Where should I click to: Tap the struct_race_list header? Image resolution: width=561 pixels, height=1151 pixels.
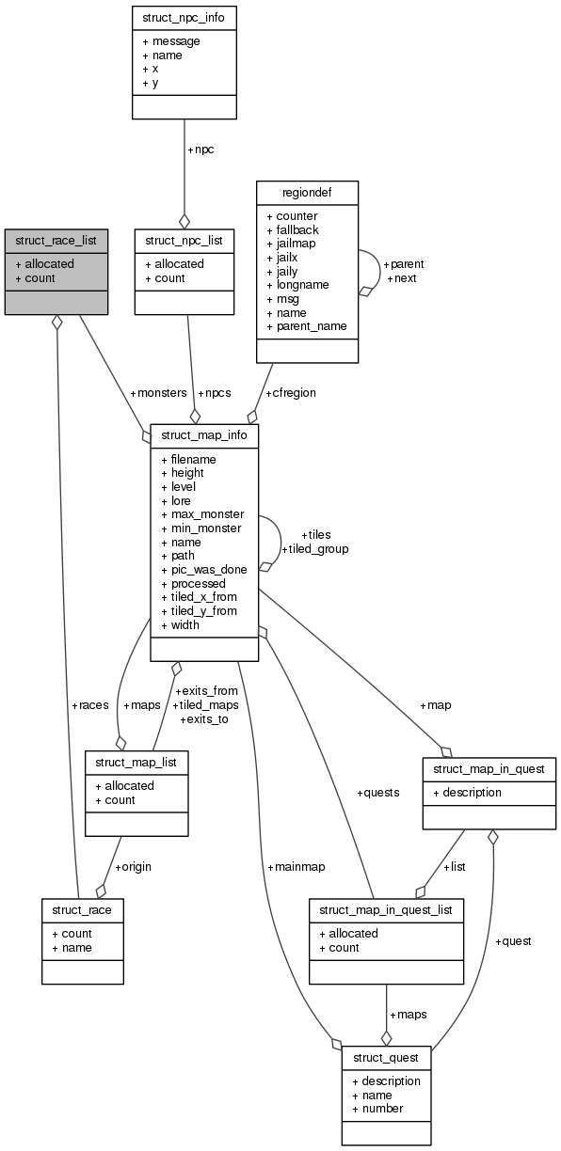[56, 241]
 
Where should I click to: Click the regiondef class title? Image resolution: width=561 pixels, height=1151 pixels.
[307, 193]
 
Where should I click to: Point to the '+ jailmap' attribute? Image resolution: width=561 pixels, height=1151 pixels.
[291, 244]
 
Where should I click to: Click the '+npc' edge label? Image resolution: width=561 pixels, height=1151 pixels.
[200, 150]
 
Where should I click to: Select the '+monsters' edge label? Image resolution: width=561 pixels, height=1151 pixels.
[159, 393]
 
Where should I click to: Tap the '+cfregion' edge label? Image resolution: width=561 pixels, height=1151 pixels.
[290, 393]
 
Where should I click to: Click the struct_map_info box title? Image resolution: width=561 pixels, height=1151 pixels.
[203, 435]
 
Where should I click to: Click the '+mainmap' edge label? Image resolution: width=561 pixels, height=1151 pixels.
[296, 866]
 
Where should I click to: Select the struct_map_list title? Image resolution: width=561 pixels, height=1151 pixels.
[136, 761]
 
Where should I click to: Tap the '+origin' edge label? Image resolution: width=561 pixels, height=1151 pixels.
[133, 866]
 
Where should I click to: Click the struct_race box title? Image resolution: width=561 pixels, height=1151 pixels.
[82, 910]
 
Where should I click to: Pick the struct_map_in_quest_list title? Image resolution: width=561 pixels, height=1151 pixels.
[386, 910]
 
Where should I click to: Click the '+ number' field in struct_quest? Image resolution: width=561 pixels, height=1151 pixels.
[377, 1109]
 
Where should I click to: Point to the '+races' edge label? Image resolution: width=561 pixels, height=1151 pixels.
[89, 704]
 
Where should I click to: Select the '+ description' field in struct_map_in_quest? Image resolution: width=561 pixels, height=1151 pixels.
[467, 793]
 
